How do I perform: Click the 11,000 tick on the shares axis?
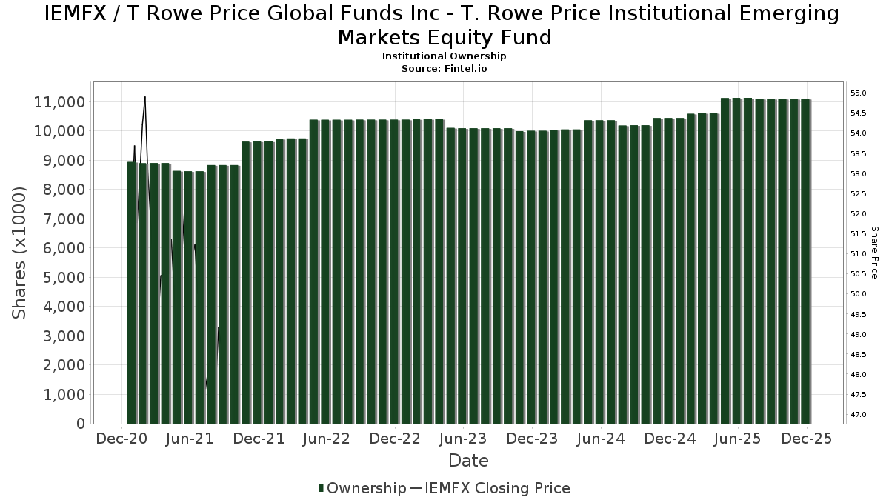coord(59,101)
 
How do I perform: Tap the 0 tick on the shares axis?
coord(80,424)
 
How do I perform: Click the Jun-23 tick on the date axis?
coord(463,439)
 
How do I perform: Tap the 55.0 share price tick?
coord(858,93)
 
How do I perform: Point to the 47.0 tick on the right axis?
coord(858,414)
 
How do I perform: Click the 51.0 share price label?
coord(858,254)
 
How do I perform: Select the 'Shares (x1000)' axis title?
coord(20,253)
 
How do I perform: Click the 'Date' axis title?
coord(468,461)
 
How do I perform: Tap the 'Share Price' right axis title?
coord(874,253)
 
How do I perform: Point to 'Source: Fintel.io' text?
coord(444,68)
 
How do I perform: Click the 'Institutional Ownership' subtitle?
coord(444,56)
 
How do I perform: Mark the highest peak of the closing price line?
coord(145,97)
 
